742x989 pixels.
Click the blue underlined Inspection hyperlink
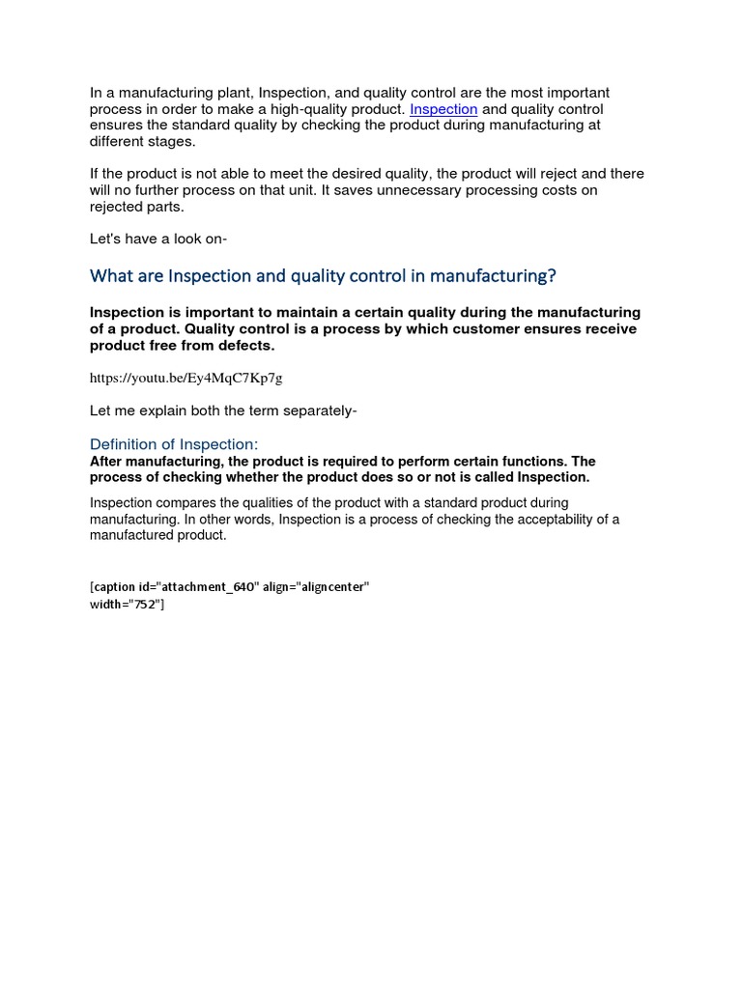coord(443,109)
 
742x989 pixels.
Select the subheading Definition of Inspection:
coord(174,444)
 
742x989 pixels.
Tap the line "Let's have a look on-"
coord(158,239)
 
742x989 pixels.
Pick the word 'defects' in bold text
coord(247,346)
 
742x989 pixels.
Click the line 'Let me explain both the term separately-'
coord(223,410)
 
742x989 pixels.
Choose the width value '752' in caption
coord(146,605)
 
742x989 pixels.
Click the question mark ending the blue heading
coord(552,276)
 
